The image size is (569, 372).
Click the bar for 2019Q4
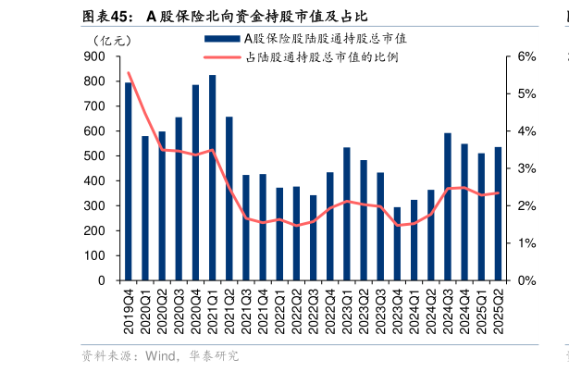pyautogui.click(x=129, y=181)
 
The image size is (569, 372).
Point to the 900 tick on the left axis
pyautogui.click(x=96, y=56)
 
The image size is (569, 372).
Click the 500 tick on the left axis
pyautogui.click(x=96, y=156)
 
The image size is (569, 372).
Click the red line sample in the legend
pyautogui.click(x=221, y=57)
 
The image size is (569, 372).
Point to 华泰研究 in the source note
pyautogui.click(x=212, y=355)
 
